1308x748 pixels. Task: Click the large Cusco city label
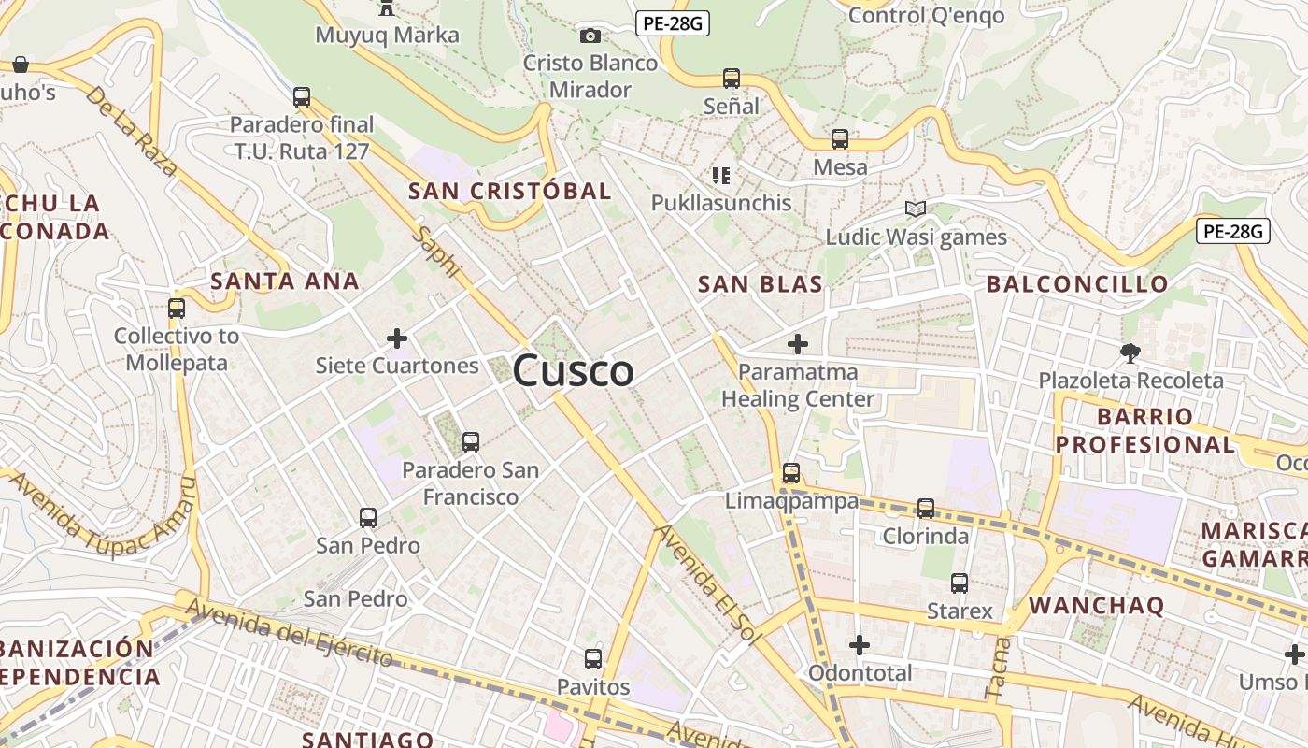pos(573,371)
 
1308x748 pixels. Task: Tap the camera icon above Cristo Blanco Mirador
pos(590,36)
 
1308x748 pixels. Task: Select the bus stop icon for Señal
pos(732,79)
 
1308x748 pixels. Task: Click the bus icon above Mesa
pos(840,139)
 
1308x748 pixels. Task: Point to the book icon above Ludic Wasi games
pos(916,209)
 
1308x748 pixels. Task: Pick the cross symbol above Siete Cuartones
pos(397,338)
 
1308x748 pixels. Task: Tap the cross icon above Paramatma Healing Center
pos(797,344)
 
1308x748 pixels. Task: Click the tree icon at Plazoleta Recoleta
pos(1130,352)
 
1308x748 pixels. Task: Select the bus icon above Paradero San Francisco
pos(471,441)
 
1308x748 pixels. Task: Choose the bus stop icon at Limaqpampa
pos(791,473)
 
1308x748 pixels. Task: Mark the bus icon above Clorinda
pos(926,508)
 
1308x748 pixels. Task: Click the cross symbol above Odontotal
pos(860,645)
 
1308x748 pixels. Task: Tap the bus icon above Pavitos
pos(593,658)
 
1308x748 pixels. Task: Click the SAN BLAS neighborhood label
pos(761,284)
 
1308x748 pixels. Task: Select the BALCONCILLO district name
pos(1077,283)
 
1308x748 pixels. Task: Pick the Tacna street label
pos(999,667)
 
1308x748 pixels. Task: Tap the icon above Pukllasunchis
pos(720,175)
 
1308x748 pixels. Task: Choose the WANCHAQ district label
pos(1097,605)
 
